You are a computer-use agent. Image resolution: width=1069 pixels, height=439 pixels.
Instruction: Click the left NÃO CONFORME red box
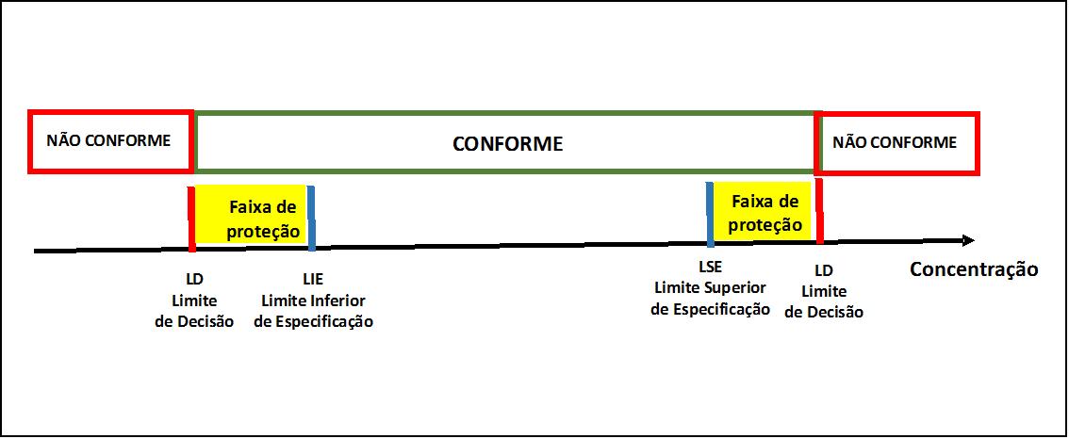tap(110, 141)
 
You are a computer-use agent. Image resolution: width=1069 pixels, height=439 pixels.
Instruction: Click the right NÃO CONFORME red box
tap(897, 142)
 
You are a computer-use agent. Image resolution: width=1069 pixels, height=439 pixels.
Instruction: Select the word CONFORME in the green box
tap(508, 144)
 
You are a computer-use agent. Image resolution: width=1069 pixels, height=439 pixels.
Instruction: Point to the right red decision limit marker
tap(819, 211)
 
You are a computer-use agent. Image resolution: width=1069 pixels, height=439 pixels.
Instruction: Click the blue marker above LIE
tap(312, 219)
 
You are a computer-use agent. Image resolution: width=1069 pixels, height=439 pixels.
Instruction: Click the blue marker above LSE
tap(710, 214)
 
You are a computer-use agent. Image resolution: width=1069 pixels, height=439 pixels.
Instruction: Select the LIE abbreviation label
tap(313, 280)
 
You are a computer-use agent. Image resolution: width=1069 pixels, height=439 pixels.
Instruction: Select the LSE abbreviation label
tap(711, 267)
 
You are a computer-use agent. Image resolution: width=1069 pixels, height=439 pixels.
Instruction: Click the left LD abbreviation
tap(194, 280)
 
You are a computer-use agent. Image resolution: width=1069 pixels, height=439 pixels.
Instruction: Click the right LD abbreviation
tap(824, 270)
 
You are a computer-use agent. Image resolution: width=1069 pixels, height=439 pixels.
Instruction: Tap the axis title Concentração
tap(974, 269)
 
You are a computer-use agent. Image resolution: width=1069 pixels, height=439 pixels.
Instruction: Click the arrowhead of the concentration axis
tap(968, 240)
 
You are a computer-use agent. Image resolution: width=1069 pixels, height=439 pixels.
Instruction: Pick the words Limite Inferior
tap(314, 301)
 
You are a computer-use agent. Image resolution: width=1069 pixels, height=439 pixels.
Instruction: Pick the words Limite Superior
tap(711, 287)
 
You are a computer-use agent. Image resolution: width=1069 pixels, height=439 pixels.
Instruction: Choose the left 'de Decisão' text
tap(194, 322)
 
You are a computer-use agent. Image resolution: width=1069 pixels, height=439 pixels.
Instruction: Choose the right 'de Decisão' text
tap(824, 312)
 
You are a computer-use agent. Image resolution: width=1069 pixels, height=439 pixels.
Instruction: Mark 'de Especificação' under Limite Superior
tap(711, 309)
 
